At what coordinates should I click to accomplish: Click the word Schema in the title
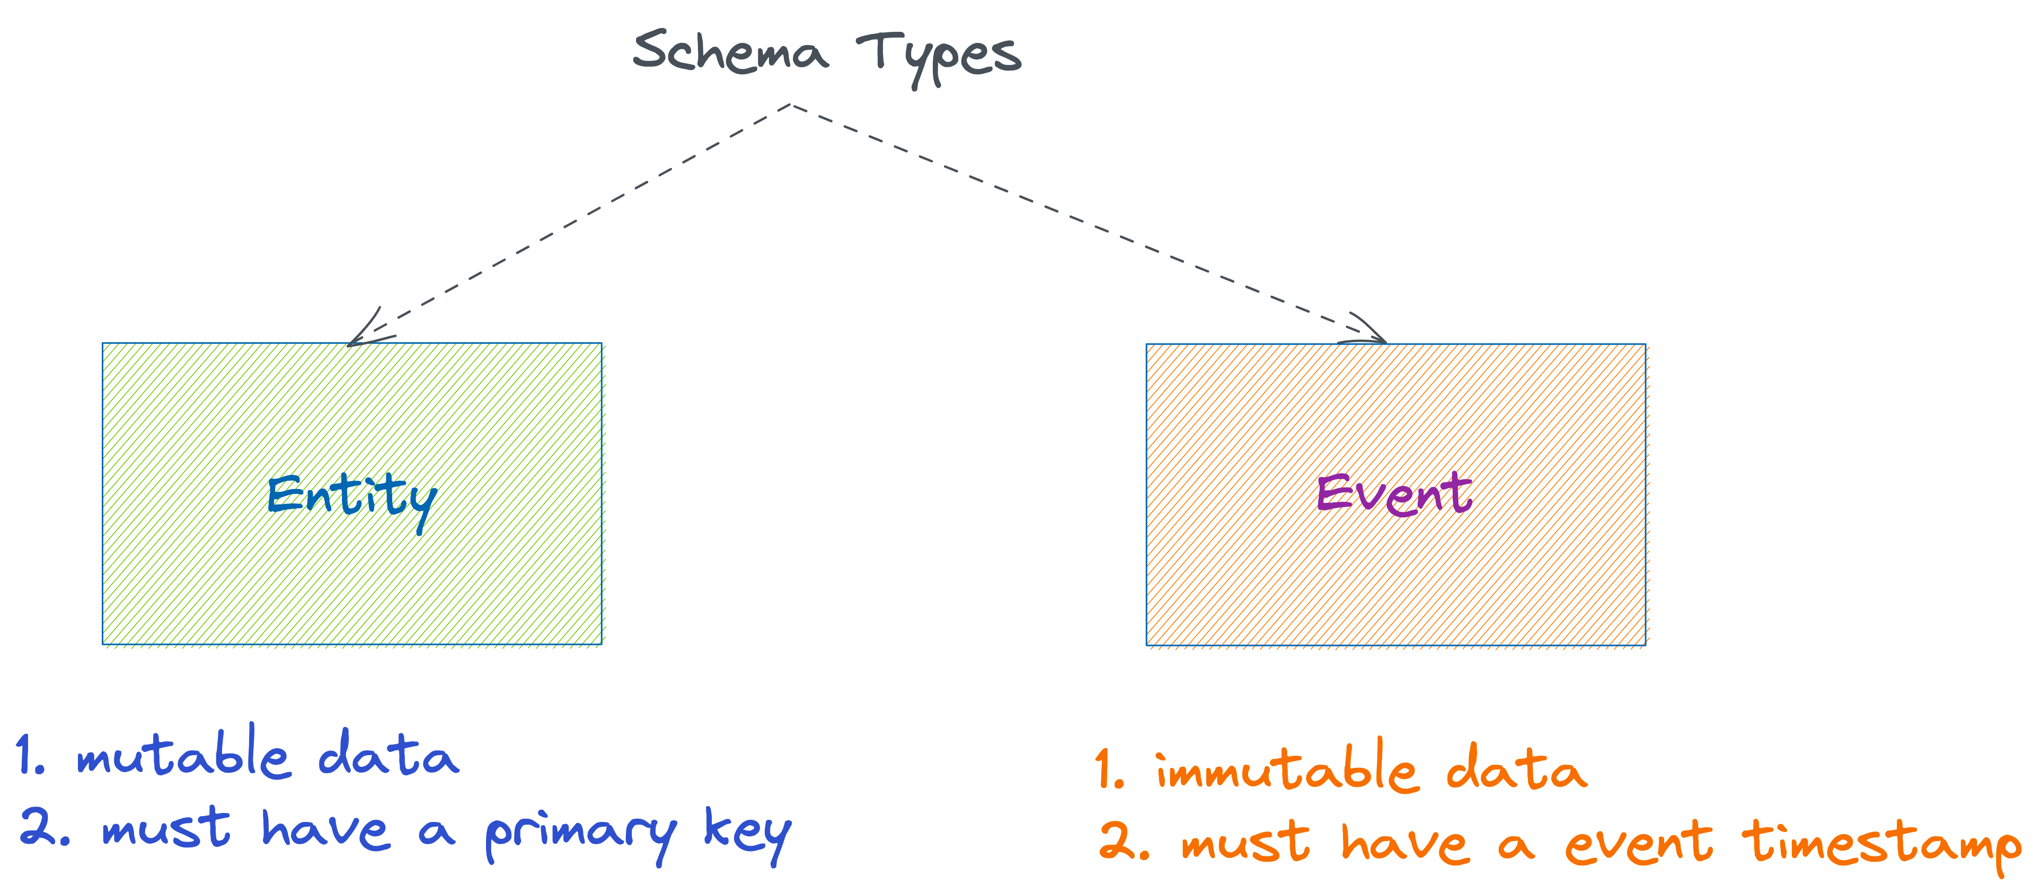pyautogui.click(x=730, y=52)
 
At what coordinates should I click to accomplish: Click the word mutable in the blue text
pyautogui.click(x=183, y=753)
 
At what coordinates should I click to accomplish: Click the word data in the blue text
pyautogui.click(x=388, y=753)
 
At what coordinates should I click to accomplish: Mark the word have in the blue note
pyautogui.click(x=325, y=830)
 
